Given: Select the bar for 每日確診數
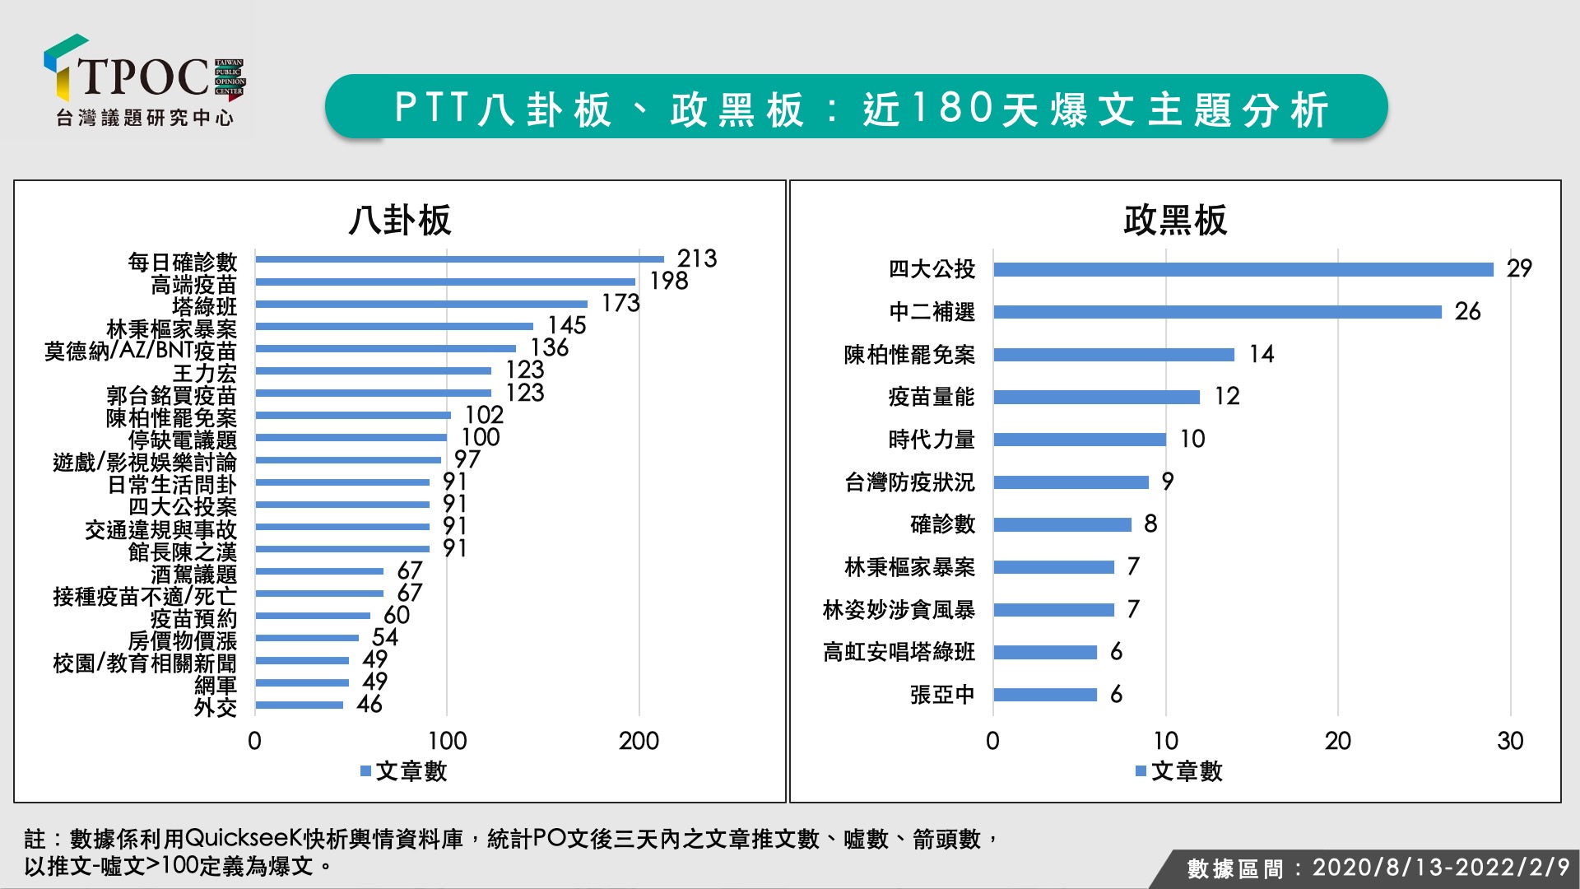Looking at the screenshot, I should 459,259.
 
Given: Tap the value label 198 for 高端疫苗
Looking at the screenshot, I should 668,282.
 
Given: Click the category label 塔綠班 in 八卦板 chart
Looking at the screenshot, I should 204,307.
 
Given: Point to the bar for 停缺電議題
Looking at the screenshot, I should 351,438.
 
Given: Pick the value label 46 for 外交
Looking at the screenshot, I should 369,705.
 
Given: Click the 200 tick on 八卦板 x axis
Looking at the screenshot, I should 639,741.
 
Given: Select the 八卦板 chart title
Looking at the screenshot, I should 400,221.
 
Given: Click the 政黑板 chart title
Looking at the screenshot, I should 1175,221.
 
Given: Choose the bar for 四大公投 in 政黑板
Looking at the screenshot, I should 1243,269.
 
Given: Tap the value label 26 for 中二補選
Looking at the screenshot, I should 1467,312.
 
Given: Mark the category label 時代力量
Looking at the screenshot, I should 932,440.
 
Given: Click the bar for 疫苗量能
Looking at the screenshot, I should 1096,398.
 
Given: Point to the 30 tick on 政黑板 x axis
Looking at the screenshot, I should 1510,741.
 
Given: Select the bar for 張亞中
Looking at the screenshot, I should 1045,695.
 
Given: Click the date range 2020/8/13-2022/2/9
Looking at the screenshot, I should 1440,868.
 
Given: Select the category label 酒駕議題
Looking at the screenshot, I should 193,574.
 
